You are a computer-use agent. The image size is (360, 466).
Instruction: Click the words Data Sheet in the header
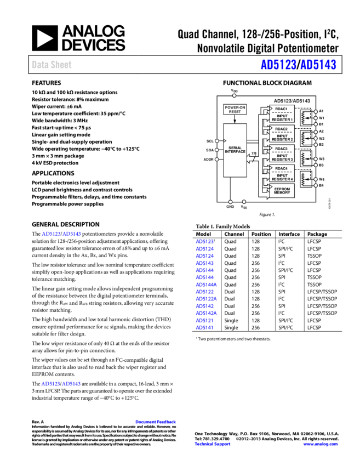point(52,65)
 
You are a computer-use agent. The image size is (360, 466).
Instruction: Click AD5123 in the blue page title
point(278,65)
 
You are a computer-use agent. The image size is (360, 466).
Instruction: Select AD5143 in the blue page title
point(318,65)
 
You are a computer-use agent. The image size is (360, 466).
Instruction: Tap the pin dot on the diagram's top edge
point(234,95)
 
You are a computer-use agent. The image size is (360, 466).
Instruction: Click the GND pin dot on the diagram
point(230,202)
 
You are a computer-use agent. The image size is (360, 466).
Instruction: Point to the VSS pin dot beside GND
point(244,202)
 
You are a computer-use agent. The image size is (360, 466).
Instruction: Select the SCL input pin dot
point(217,141)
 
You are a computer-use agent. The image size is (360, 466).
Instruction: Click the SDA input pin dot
point(217,150)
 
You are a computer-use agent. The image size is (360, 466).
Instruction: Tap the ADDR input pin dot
point(217,160)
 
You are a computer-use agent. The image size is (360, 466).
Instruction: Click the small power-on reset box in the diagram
point(235,109)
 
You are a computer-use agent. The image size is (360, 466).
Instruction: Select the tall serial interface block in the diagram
point(235,150)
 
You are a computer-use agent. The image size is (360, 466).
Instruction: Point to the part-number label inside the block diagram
point(292,101)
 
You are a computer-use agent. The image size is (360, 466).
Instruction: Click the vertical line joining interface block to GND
point(230,190)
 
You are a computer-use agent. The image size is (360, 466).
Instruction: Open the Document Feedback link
point(156,422)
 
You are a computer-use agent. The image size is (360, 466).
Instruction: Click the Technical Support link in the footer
point(213,445)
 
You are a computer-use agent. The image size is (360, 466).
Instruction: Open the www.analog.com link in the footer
point(321,445)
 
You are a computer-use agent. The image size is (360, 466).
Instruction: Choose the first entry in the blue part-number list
point(204,242)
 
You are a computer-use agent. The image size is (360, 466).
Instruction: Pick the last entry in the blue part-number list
point(204,327)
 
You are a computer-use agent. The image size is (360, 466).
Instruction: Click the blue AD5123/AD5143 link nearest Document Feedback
point(61,384)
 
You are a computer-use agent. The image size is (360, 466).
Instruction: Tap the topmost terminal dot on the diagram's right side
point(316,112)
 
